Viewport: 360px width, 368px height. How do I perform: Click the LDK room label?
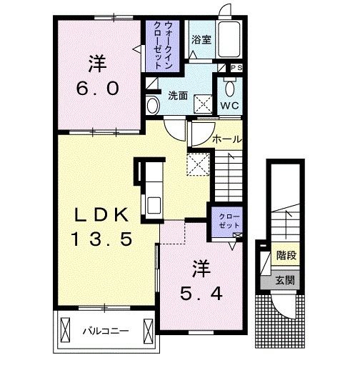click(102, 215)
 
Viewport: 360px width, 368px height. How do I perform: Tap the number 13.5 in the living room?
click(102, 239)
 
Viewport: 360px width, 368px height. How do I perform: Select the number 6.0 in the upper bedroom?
click(98, 89)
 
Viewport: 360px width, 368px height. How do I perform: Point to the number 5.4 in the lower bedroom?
click(201, 294)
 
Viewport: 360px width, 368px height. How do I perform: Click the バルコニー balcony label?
click(106, 331)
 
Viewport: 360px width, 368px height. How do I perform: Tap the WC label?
click(229, 106)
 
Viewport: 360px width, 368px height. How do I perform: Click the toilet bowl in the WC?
click(229, 89)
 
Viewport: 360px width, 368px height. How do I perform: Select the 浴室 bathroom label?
click(201, 39)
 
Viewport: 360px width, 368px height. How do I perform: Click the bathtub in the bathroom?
click(229, 39)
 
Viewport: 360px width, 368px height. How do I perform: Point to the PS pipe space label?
click(236, 68)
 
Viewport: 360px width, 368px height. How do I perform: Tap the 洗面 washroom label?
click(178, 95)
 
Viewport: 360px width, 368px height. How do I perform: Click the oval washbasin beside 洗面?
click(153, 106)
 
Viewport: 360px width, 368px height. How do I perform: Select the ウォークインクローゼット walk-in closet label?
click(163, 45)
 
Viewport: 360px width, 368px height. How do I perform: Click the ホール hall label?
click(227, 139)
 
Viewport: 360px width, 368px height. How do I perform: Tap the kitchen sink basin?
click(154, 205)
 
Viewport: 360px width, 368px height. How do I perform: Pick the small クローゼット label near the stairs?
click(229, 221)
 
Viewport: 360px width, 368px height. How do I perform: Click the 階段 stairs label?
click(286, 255)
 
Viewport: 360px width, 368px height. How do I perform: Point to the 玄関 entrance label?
click(285, 280)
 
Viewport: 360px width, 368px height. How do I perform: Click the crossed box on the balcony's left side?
click(65, 330)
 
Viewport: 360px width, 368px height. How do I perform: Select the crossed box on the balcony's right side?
click(148, 331)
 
